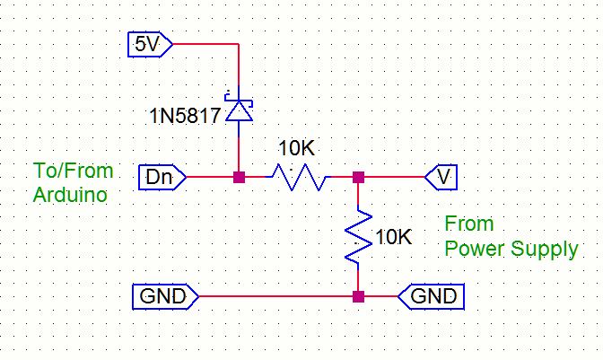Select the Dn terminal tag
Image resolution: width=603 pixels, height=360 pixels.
click(162, 177)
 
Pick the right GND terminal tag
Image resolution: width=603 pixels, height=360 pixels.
click(432, 295)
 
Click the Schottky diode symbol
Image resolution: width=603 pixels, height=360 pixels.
click(239, 109)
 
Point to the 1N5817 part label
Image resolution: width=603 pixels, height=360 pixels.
click(186, 116)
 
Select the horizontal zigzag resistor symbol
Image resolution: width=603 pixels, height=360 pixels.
click(299, 178)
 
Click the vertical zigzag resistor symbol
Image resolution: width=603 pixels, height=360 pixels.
click(358, 237)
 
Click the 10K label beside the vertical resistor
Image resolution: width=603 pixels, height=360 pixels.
click(394, 238)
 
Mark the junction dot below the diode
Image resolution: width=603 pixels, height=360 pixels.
click(239, 177)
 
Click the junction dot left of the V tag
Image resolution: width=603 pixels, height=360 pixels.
click(358, 177)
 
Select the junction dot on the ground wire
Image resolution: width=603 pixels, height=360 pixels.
click(358, 295)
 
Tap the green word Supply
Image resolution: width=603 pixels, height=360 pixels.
click(545, 249)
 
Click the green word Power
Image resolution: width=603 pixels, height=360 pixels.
click(473, 249)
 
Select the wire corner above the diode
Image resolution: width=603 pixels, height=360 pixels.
click(239, 42)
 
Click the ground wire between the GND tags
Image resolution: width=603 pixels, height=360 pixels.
click(269, 295)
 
